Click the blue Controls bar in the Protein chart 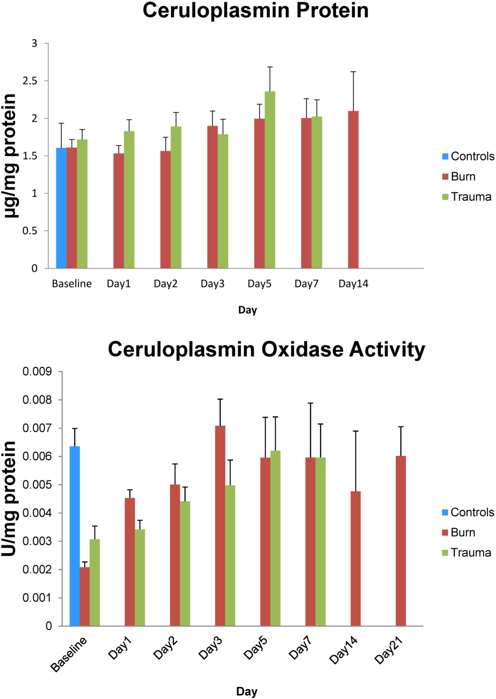click(x=62, y=208)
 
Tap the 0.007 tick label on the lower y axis click(x=37, y=428)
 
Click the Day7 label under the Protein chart click(x=306, y=284)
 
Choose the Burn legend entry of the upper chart click(x=463, y=176)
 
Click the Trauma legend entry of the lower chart click(x=470, y=553)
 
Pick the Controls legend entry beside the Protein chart click(x=472, y=156)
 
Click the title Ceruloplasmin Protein click(x=255, y=11)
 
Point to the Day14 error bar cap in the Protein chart click(x=354, y=72)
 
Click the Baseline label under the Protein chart click(x=72, y=284)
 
